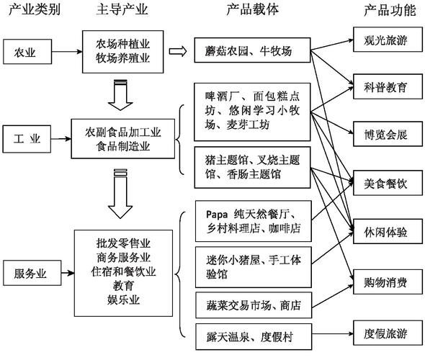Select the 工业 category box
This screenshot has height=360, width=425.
pos(27,136)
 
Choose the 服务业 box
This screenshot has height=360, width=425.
pos(30,274)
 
